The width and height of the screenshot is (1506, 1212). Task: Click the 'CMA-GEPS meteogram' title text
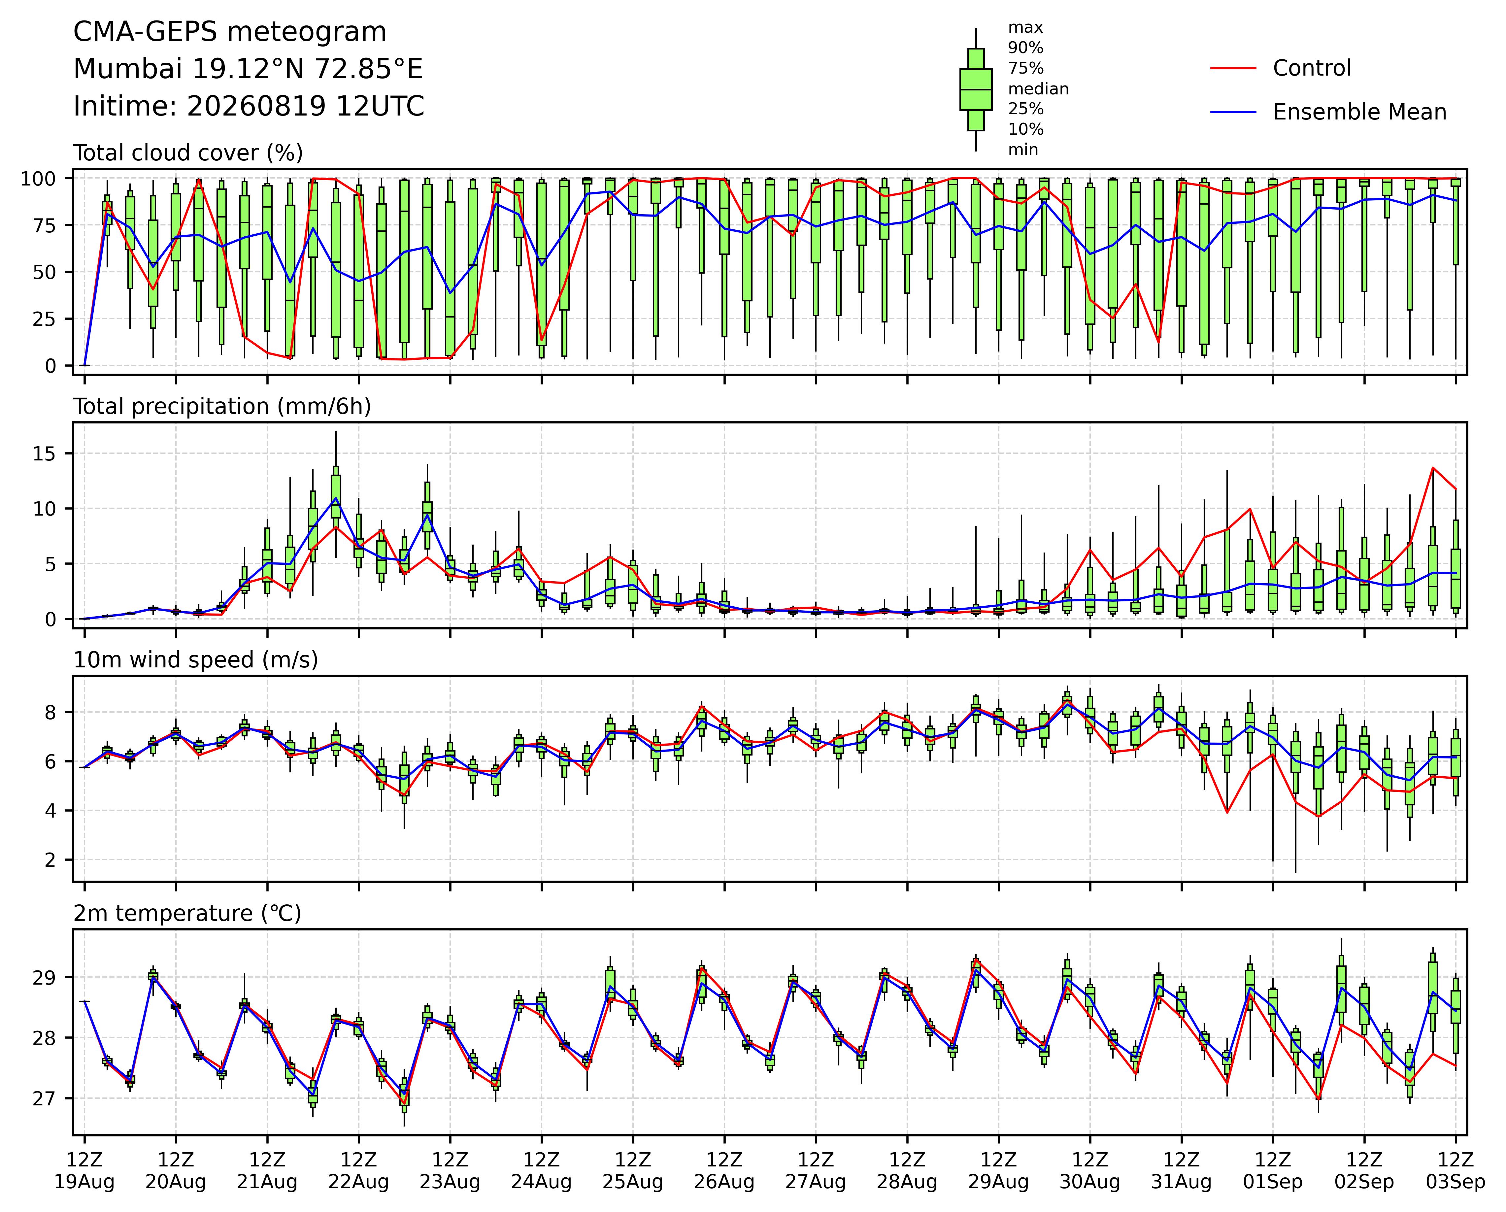coord(230,32)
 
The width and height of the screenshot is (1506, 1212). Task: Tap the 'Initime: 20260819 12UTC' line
coord(249,106)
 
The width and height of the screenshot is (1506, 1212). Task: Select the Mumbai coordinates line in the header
coord(248,69)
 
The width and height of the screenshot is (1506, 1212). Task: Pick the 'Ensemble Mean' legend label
coord(1359,112)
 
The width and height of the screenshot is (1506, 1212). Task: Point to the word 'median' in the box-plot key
coord(1038,89)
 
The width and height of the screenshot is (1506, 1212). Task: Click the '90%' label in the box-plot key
coord(1025,48)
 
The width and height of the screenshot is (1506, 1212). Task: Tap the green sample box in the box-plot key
coord(976,89)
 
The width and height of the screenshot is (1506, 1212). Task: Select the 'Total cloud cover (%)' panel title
coord(188,153)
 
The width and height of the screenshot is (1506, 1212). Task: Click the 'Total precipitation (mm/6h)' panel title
coord(222,407)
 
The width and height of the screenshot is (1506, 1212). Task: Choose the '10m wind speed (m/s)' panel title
coord(196,660)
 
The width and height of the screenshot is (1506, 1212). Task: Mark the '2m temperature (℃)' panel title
coord(187,914)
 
